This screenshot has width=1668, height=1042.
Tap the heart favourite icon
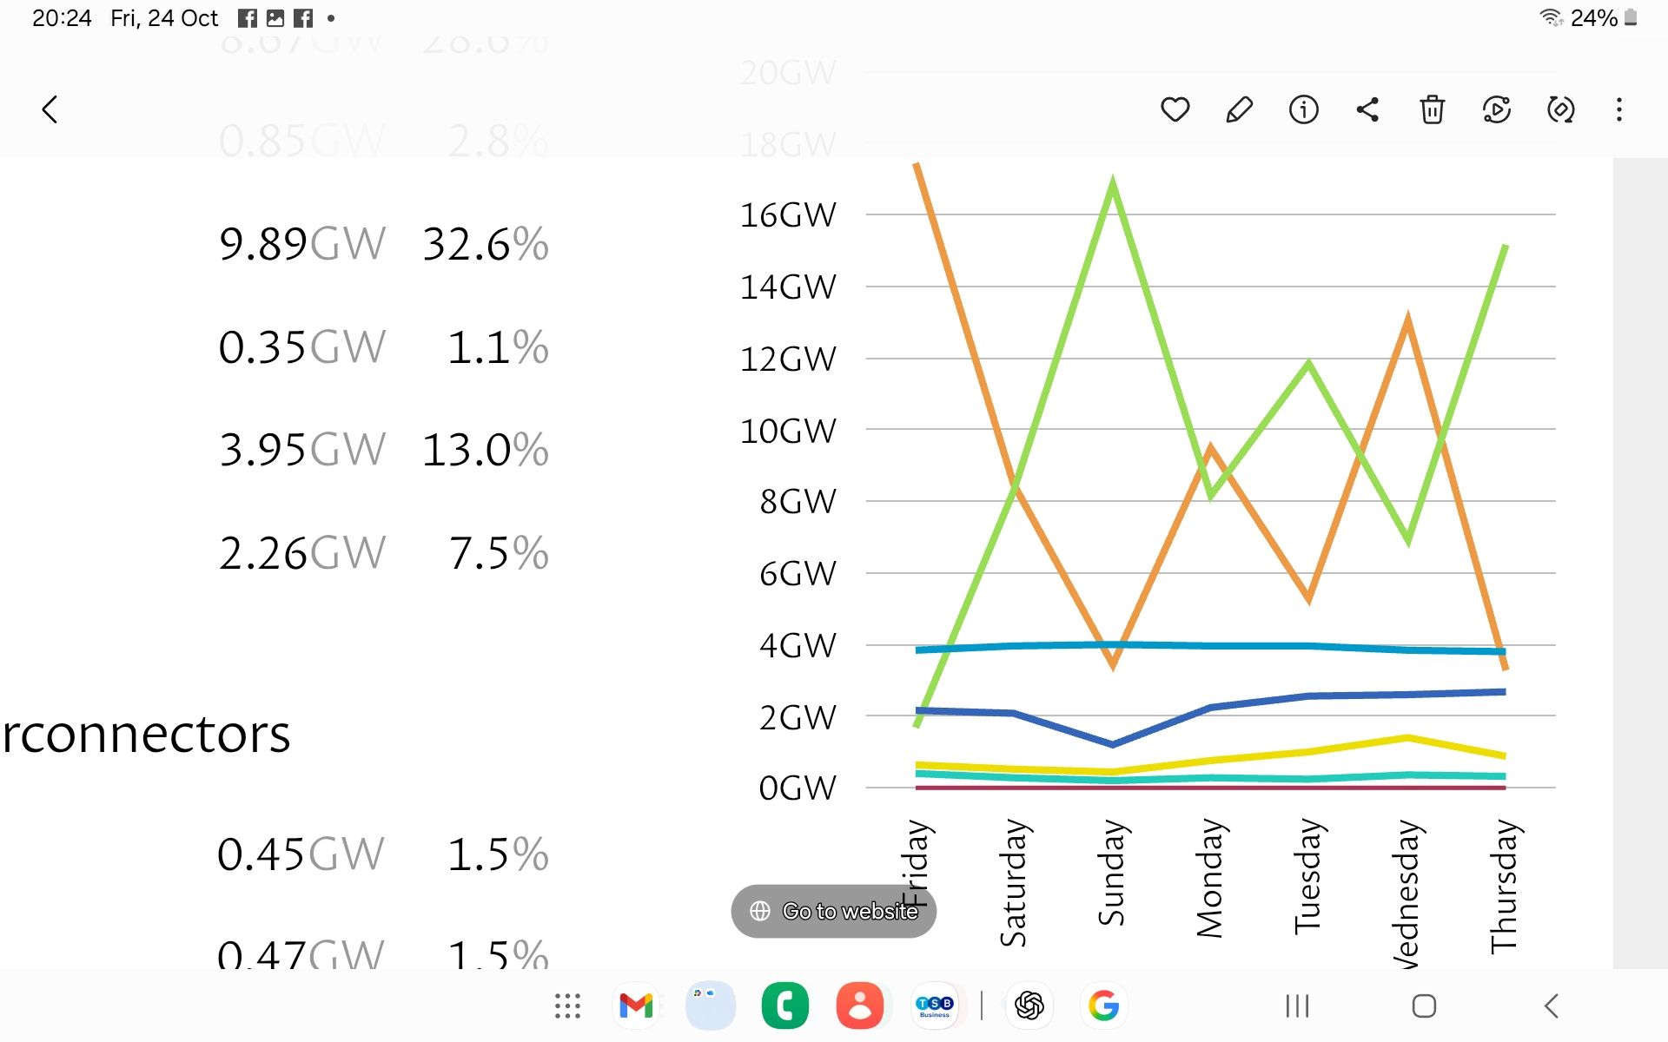[x=1175, y=110]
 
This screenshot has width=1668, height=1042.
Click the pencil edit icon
[x=1239, y=110]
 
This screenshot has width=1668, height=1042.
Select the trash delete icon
[x=1432, y=110]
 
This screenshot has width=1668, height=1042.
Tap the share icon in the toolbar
[x=1367, y=110]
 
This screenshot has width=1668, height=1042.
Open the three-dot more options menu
[x=1619, y=110]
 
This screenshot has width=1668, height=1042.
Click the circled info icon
[x=1303, y=110]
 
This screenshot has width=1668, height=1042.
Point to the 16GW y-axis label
[x=787, y=215]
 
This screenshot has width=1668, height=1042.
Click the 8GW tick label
[x=797, y=502]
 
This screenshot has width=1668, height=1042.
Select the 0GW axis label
[x=797, y=788]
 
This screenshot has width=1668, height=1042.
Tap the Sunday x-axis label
[x=1112, y=873]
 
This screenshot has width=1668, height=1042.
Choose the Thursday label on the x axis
[x=1504, y=886]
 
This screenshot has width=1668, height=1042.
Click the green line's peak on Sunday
[x=1113, y=181]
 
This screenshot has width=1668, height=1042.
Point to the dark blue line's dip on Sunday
[x=1113, y=744]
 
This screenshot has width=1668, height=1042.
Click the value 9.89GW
[x=301, y=244]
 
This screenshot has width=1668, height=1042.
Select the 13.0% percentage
[x=485, y=450]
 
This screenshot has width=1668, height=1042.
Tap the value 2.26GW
[x=301, y=553]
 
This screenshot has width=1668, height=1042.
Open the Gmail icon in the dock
[x=636, y=1006]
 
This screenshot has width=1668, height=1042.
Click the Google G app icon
[x=1103, y=1006]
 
